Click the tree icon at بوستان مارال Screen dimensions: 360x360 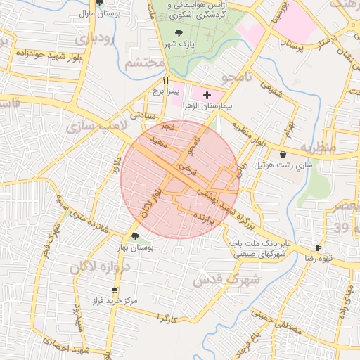(98, 4)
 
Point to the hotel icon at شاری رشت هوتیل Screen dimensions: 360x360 (283, 155)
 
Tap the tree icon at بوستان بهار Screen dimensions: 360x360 (135, 236)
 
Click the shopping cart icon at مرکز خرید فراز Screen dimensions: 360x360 (115, 290)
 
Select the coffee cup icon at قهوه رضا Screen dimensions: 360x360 (318, 248)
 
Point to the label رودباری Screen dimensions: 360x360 (97, 39)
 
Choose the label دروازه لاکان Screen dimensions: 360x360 (98, 268)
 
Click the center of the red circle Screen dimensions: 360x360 (180, 179)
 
